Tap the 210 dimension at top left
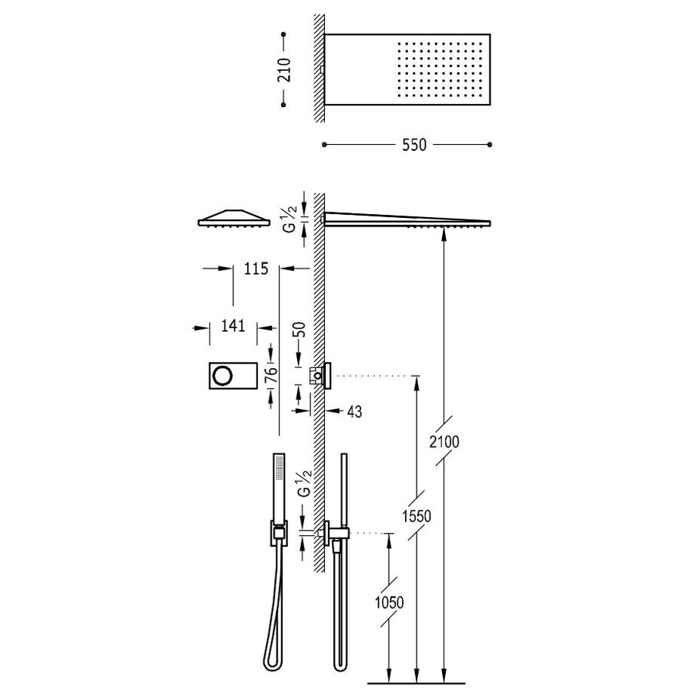pyautogui.click(x=284, y=70)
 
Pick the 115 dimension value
pyautogui.click(x=255, y=269)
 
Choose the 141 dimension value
pyautogui.click(x=232, y=326)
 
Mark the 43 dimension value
pyautogui.click(x=354, y=411)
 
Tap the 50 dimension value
pyautogui.click(x=300, y=329)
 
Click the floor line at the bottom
pyautogui.click(x=417, y=683)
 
